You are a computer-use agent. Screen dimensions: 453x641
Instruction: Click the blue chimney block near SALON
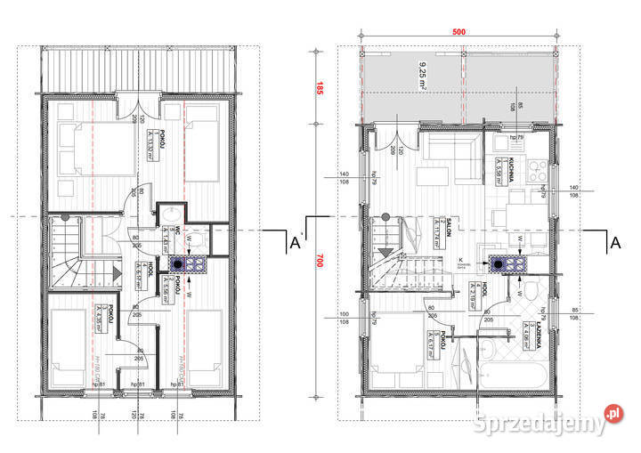coord(508,263)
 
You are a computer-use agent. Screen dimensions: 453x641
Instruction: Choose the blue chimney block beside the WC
coord(190,263)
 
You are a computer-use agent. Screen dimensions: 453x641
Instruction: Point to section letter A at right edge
coord(613,241)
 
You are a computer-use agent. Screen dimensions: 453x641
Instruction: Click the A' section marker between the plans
coord(295,241)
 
